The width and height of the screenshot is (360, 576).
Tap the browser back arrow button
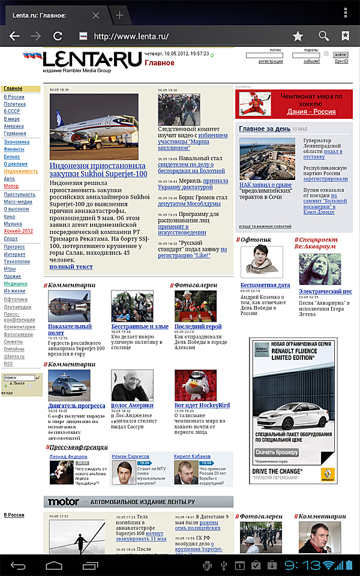pos(13,36)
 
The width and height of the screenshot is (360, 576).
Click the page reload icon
pos(58,36)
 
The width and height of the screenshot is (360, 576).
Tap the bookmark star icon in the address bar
pos(298,37)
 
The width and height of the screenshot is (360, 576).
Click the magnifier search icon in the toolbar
pos(324,36)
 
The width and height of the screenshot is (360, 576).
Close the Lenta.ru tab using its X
pos(96,15)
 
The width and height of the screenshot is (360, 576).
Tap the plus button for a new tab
pos(120,15)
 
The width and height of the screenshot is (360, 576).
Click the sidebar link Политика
pos(15,104)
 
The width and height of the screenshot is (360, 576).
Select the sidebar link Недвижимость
pos(21,171)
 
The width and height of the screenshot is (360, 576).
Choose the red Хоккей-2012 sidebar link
pos(19,231)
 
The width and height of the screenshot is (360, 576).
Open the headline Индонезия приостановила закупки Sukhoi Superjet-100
pos(97,169)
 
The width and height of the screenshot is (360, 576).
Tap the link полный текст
pos(71,266)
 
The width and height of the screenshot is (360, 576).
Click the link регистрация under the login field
pos(271,61)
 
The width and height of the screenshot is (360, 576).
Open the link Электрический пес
pos(325,291)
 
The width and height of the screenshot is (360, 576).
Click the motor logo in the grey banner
pos(64,502)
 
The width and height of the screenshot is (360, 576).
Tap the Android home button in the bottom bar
pos(54,565)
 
